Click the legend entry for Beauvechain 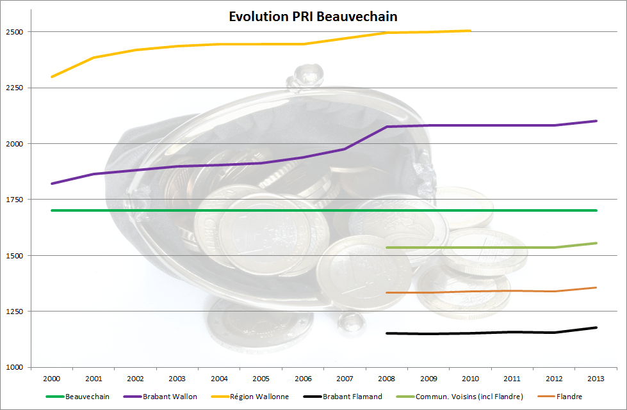click(87, 397)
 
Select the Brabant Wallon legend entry click(170, 397)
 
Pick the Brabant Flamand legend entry click(352, 397)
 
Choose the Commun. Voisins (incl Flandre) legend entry click(469, 397)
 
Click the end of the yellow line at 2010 click(470, 31)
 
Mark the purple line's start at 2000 click(52, 184)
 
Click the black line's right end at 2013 click(596, 327)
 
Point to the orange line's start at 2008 click(387, 292)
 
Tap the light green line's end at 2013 click(596, 243)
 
